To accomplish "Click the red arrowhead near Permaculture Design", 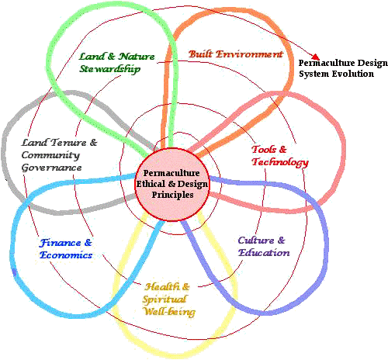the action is [315, 57].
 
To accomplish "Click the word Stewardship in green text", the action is [110, 69].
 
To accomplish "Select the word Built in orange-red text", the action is [200, 54].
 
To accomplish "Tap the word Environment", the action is [249, 54].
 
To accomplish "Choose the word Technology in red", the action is [280, 162].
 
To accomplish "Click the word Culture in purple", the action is [256, 241].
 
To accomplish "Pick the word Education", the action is [264, 253].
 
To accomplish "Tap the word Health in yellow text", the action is [162, 286].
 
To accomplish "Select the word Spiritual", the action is [165, 299].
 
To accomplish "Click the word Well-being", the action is [170, 312].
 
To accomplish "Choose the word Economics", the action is [66, 255].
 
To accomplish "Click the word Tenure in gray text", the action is [68, 143].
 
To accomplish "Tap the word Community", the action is [50, 155].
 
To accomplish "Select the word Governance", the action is [51, 168].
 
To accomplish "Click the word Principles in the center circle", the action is [172, 195].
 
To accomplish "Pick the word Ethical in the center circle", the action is [151, 184].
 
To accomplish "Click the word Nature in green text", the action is [137, 57].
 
